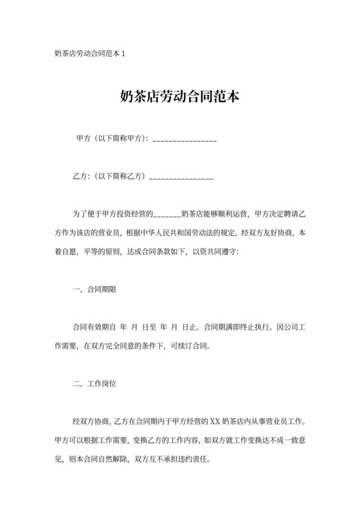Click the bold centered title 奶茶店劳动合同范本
(x=180, y=97)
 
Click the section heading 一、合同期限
(x=94, y=289)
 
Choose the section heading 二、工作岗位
(x=94, y=386)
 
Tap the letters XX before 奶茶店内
(x=215, y=424)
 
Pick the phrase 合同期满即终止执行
(x=235, y=326)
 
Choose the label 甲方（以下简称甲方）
(x=111, y=139)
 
